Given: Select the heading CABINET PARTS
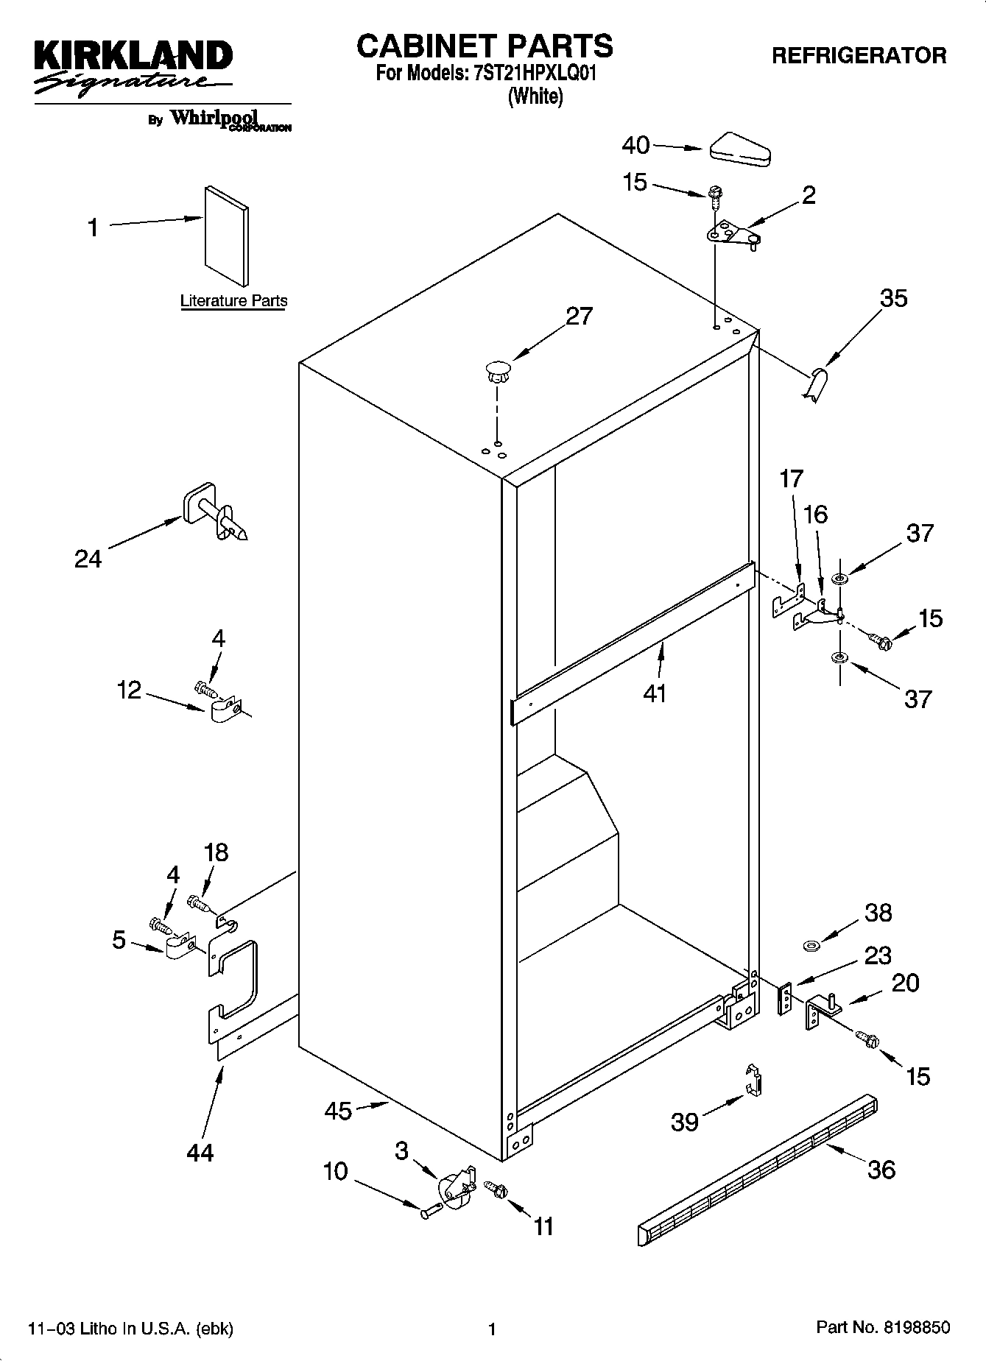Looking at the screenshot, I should (485, 46).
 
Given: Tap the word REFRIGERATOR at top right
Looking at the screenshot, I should (859, 55).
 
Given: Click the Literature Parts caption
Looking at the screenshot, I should (233, 301).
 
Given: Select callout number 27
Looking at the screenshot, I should (579, 316).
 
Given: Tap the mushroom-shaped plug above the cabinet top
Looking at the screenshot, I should (499, 371).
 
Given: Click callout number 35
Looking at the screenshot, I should (894, 298).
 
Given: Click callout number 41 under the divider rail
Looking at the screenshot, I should (655, 693).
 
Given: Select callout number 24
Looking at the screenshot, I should (88, 559).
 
